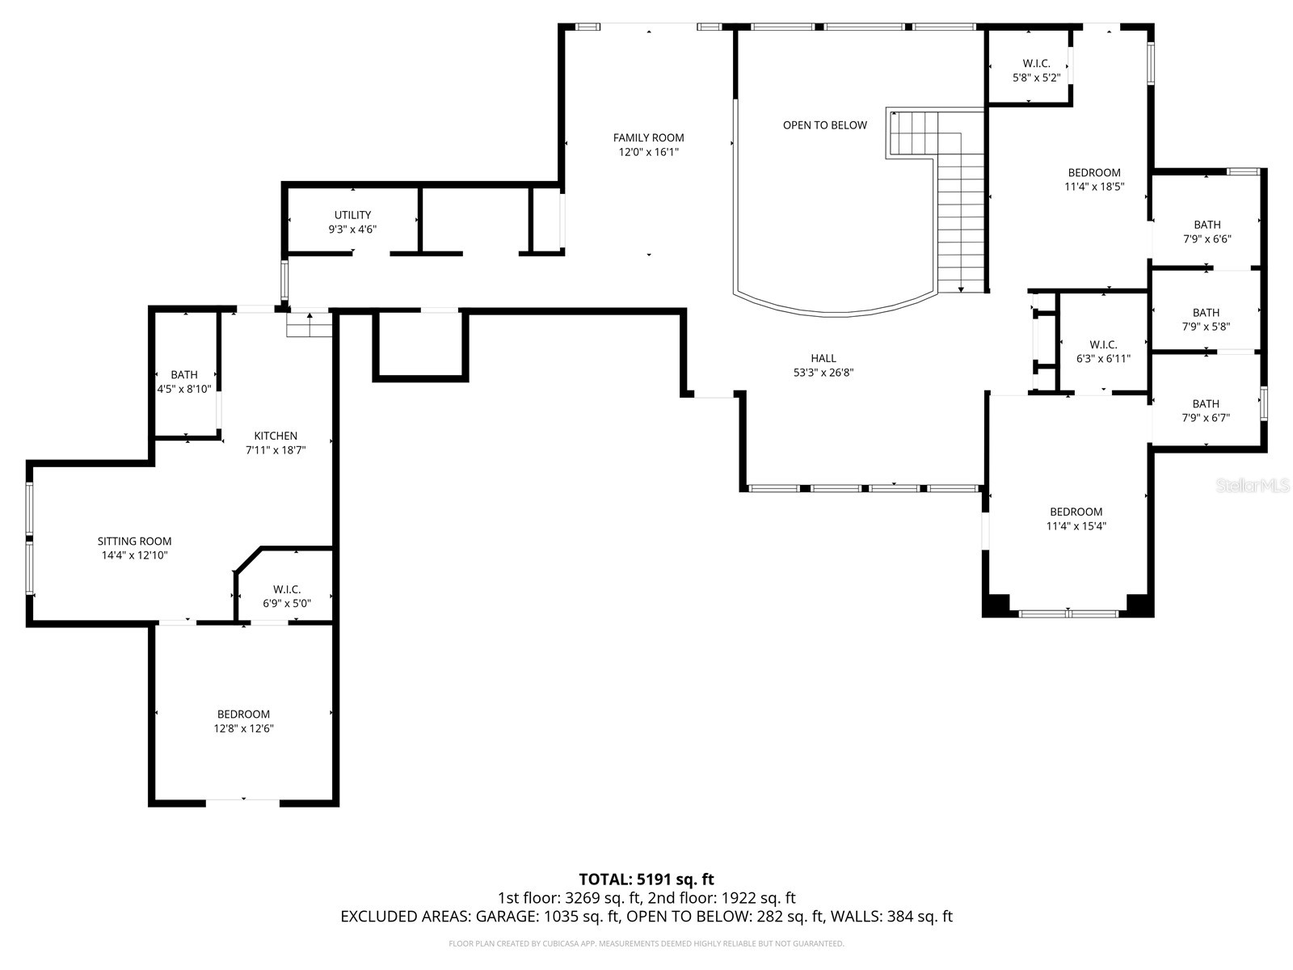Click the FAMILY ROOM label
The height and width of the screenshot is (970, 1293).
point(648,137)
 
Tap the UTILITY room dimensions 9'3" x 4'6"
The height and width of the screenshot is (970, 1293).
point(352,229)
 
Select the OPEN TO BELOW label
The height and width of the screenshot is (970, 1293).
point(824,124)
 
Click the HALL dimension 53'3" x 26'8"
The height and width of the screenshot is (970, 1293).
point(823,373)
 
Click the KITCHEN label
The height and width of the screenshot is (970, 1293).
point(276,436)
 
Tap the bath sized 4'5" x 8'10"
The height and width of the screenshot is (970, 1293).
point(184,382)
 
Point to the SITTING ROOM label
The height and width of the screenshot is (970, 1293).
point(134,541)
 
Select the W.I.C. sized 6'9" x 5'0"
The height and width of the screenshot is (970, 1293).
point(286,597)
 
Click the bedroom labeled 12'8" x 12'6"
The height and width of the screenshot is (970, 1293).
point(243,721)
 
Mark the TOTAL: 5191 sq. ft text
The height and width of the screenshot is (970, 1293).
point(646,879)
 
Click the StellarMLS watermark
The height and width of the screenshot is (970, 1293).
point(1253,486)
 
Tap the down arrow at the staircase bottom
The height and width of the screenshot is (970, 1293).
point(961,289)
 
